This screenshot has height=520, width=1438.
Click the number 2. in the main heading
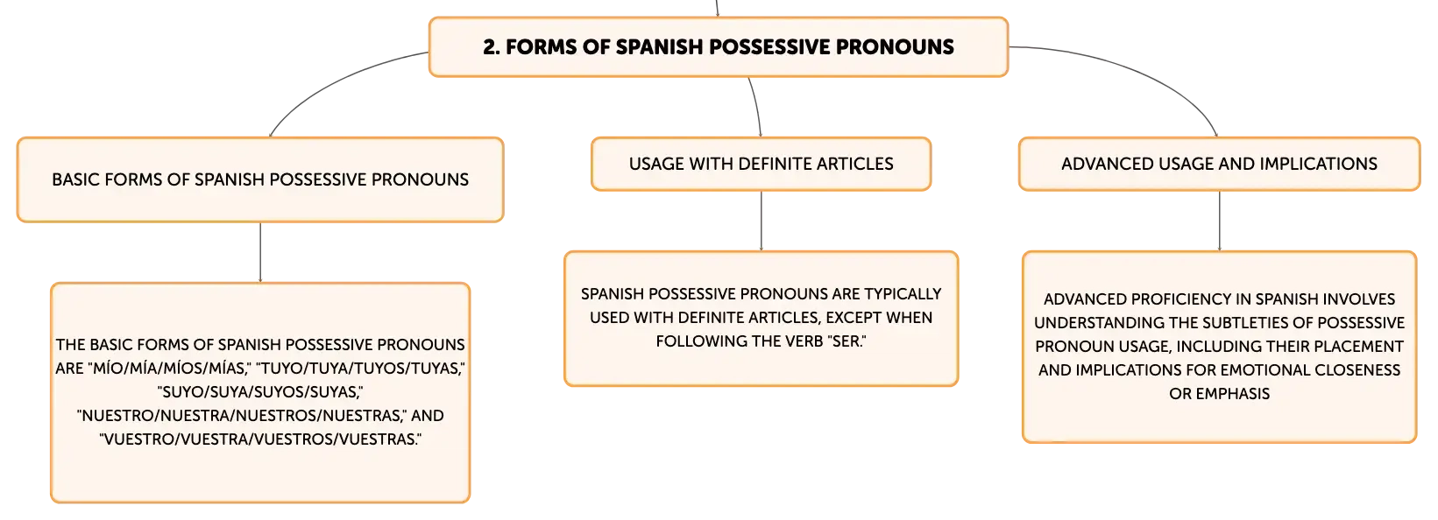point(491,46)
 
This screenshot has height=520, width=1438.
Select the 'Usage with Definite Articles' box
point(761,164)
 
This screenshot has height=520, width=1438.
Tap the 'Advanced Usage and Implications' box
point(1219,164)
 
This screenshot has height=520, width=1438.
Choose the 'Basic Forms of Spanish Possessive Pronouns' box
point(260,179)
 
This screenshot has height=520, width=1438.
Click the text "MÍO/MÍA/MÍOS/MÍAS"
point(169,369)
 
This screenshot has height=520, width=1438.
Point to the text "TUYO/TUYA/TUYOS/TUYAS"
point(360,369)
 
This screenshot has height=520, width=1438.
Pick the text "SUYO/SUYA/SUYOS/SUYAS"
point(260,392)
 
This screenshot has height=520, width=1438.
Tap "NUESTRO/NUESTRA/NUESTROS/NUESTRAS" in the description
point(241,416)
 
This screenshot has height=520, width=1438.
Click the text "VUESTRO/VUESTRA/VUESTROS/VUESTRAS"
point(260,439)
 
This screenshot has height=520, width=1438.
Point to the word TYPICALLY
point(903,293)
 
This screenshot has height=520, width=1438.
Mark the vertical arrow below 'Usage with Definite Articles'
point(762,221)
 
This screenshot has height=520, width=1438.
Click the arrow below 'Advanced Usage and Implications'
point(1219,221)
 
